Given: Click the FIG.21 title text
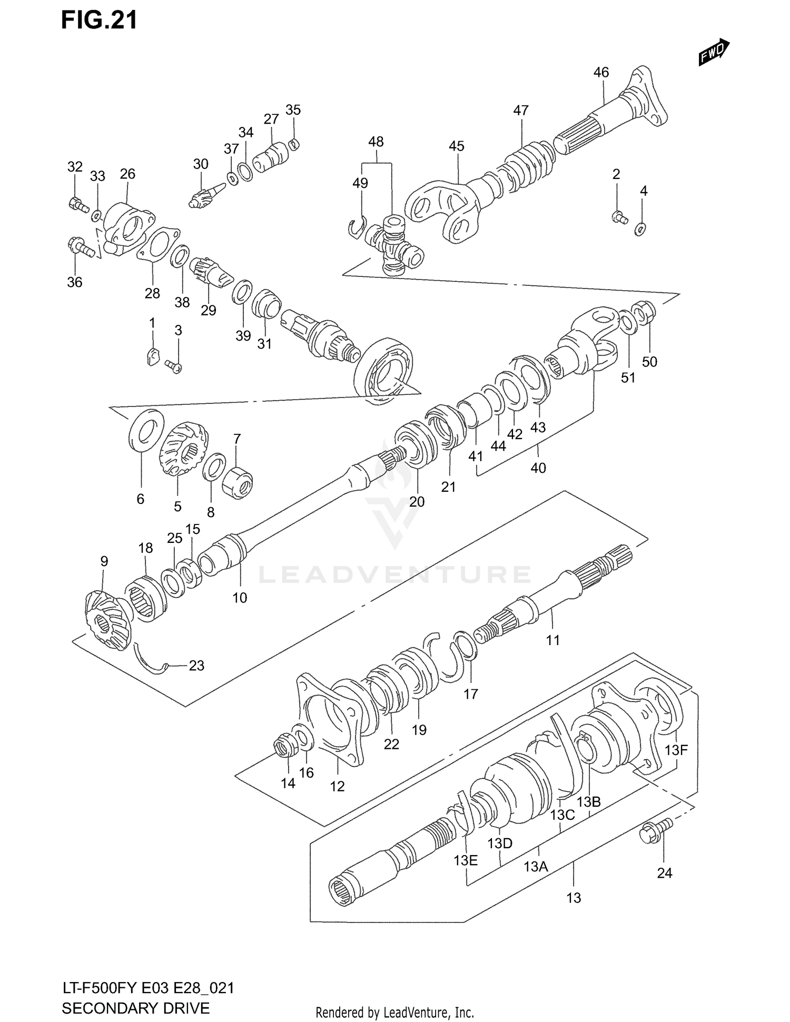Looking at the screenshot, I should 99,20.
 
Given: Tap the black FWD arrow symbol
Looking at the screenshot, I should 714,53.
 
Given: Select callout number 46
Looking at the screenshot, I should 601,72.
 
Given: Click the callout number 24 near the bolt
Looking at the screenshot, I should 665,873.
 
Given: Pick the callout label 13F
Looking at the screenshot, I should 676,750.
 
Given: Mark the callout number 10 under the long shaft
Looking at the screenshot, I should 240,598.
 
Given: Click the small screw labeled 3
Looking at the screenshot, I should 173,365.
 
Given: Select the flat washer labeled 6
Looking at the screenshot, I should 145,430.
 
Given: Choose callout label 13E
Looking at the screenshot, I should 466,860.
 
